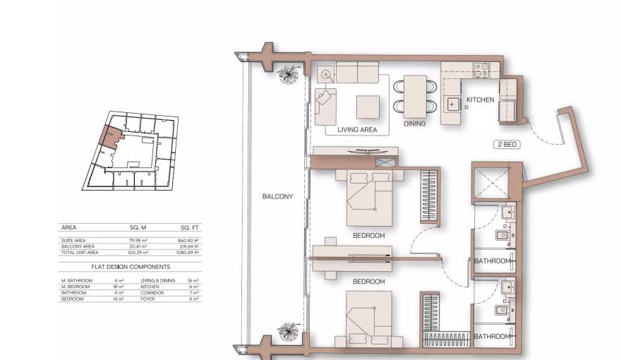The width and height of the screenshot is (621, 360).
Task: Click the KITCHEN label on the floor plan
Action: pos(480,100)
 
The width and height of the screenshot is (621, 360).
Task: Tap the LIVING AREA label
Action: pos(357,130)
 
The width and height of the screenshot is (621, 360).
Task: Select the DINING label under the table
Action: pos(415,124)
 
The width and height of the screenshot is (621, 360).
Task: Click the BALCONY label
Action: pos(277,197)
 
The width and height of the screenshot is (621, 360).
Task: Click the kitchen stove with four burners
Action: pos(482,70)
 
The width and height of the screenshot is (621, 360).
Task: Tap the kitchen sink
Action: pos(452,104)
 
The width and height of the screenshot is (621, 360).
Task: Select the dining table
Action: pos(415,95)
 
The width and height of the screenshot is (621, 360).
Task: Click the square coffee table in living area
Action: pos(368,107)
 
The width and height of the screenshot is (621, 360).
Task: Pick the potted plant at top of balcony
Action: pos(288,73)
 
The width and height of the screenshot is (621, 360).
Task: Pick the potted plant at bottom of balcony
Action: pos(288,331)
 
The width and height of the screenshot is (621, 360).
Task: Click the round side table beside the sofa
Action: pos(325,74)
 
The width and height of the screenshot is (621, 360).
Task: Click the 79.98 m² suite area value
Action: pos(138,240)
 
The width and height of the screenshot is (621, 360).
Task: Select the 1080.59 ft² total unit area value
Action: pos(188,252)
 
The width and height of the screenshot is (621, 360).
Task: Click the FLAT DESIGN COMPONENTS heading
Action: pos(131,267)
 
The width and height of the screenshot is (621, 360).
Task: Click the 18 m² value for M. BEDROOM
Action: pos(119,287)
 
